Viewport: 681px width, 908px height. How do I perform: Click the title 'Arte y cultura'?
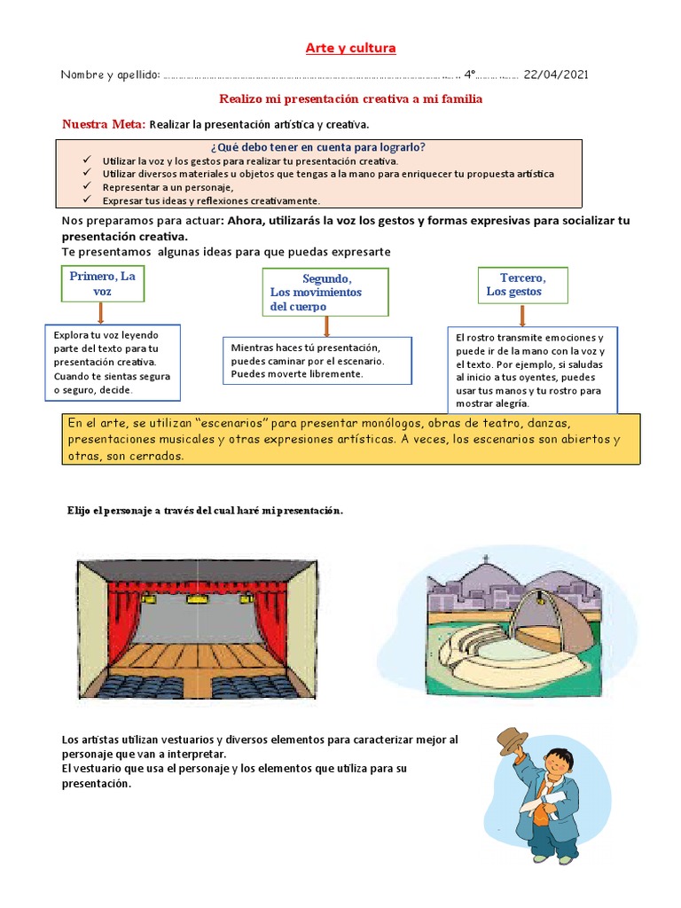coord(350,48)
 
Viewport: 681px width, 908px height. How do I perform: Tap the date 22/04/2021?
coord(555,74)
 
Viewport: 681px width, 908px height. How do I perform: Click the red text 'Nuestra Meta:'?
coord(104,124)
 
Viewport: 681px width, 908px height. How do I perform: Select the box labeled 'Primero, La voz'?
coord(103,284)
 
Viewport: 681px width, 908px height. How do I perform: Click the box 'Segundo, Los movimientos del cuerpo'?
coord(325,292)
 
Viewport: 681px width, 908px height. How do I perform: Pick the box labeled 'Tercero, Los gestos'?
coord(521,285)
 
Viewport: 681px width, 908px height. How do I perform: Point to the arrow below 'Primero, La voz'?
coord(101,313)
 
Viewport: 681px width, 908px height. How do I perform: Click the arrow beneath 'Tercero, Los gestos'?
coord(522,315)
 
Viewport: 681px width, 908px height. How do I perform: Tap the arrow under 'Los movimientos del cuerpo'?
coord(326,326)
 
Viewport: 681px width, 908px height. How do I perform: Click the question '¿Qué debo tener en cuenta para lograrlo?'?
coord(318,147)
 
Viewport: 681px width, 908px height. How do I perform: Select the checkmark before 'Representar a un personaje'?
coord(86,187)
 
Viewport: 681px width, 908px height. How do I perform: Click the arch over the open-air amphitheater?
coord(532,603)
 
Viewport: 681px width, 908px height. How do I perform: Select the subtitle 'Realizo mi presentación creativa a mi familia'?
coord(350,99)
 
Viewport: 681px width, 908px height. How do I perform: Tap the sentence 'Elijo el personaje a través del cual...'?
coord(205,511)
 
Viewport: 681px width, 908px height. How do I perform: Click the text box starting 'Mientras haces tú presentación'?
coord(317,360)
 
